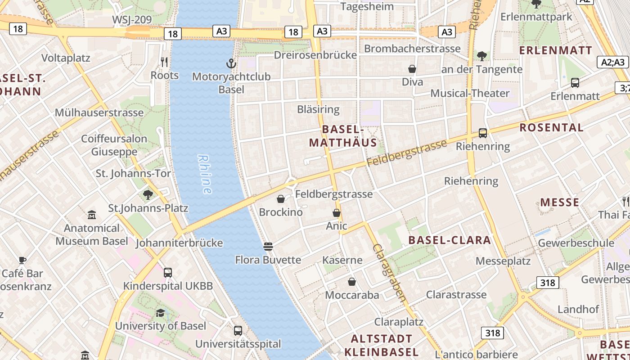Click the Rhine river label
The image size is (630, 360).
205,174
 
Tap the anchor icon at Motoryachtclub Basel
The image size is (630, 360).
231,63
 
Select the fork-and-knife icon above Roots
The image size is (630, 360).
165,62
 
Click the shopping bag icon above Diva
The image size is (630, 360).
412,69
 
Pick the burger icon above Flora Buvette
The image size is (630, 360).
268,246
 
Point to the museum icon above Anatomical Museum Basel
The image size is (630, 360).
92,215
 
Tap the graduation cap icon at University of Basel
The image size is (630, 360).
160,313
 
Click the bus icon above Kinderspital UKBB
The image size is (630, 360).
168,272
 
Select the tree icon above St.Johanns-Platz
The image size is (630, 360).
148,195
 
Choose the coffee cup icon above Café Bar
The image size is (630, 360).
22,260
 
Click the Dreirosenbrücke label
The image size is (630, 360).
315,55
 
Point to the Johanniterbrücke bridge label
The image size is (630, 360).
179,243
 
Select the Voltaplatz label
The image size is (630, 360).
66,58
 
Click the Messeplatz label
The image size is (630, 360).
503,261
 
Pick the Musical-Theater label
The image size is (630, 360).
470,93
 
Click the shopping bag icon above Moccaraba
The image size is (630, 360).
352,282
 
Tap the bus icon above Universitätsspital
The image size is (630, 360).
238,331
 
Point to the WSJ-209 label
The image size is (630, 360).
131,20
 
